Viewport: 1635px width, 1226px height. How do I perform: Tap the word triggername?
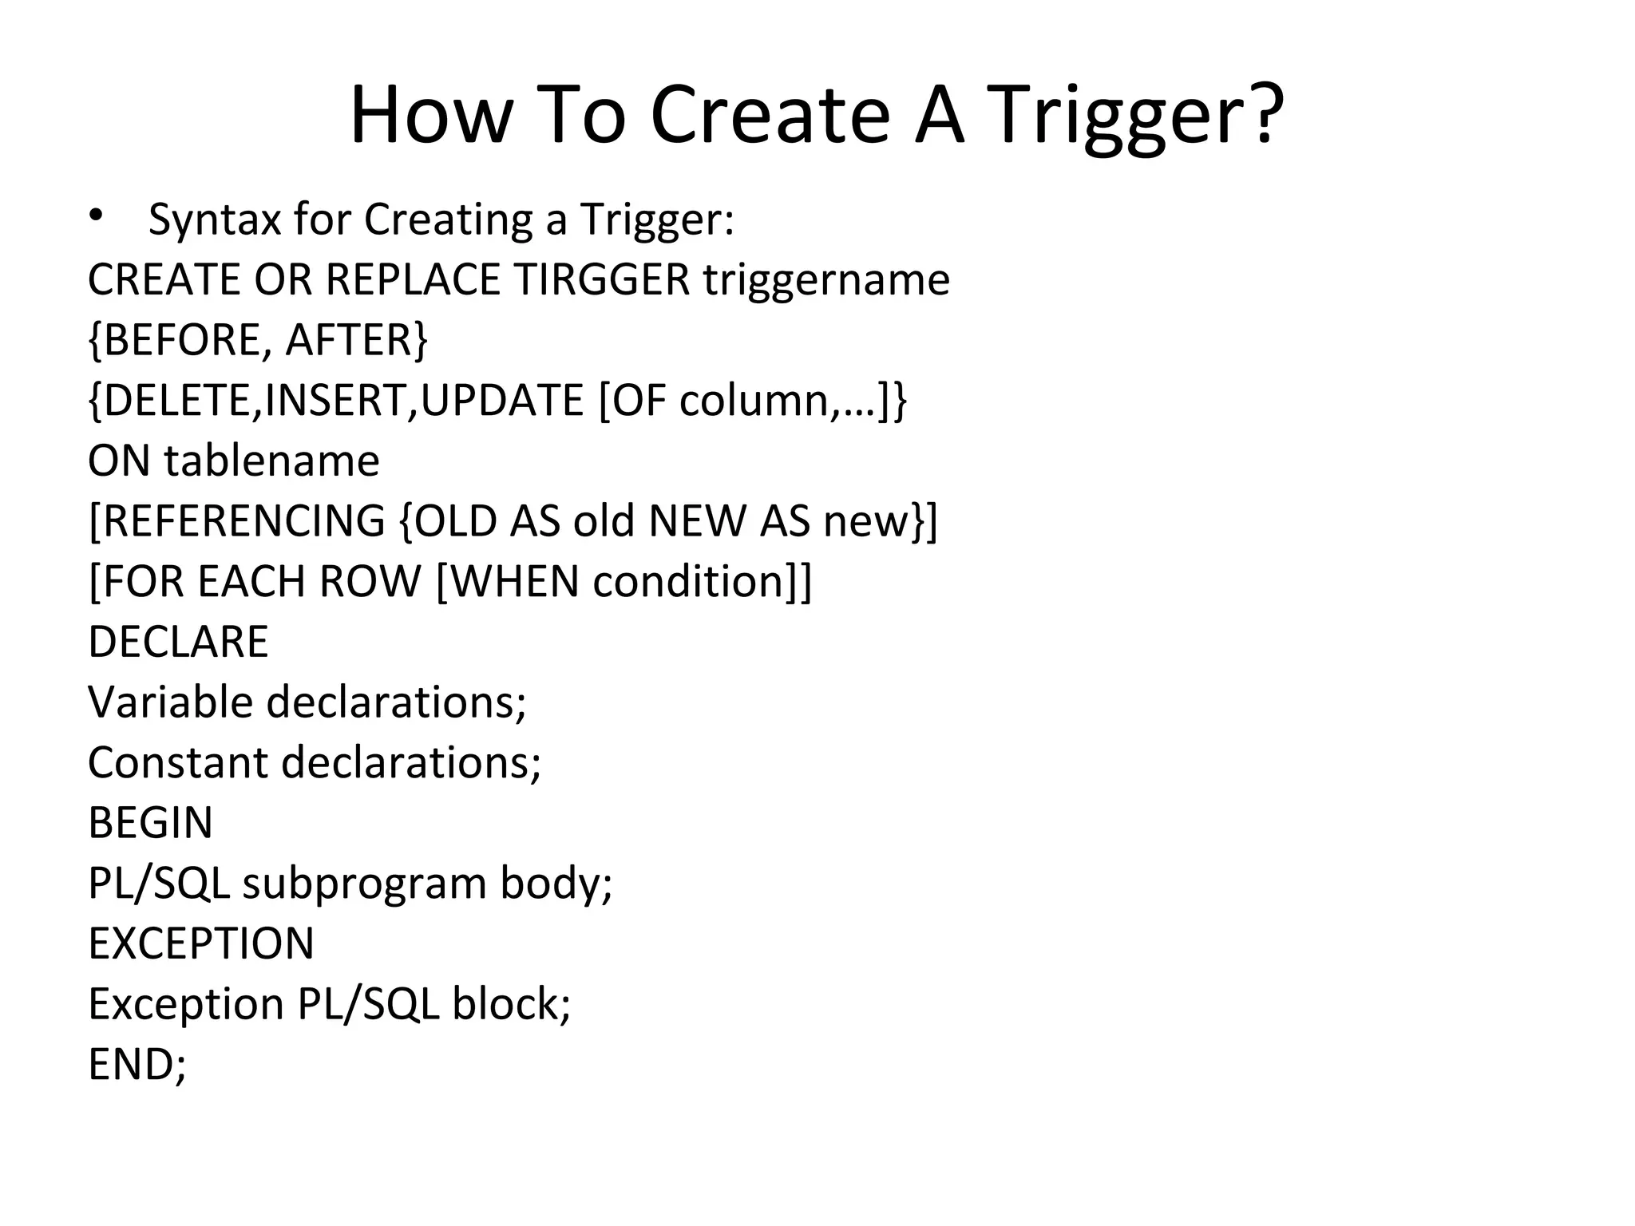826,281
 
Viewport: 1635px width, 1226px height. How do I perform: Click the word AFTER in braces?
348,340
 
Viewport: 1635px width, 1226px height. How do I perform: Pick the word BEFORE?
182,340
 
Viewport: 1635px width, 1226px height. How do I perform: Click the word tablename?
272,461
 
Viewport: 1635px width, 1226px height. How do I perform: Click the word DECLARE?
178,642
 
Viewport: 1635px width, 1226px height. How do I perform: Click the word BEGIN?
150,823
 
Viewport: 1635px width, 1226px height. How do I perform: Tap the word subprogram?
364,884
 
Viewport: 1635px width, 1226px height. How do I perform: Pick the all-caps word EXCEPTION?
201,943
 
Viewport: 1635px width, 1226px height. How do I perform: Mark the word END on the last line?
132,1064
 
